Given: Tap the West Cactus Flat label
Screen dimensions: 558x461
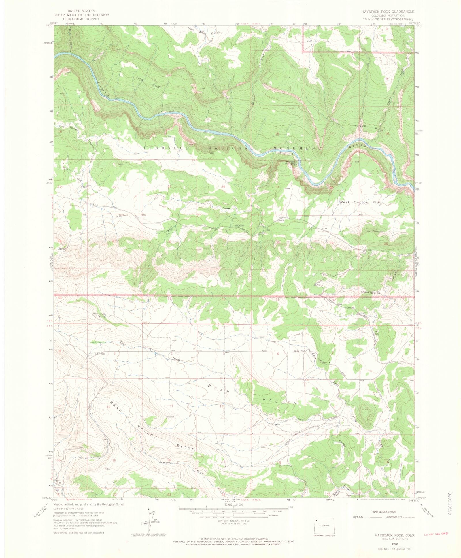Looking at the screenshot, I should tap(360, 202).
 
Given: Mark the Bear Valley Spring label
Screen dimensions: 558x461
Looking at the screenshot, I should tap(99, 315).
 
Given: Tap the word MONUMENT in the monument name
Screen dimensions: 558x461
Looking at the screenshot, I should tap(297, 148).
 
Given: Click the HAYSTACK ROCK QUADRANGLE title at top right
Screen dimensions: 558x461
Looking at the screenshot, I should tap(388, 12).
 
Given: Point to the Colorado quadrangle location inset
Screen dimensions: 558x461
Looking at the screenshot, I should tap(324, 526).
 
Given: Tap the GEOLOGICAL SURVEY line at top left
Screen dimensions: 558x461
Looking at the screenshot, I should tap(81, 19).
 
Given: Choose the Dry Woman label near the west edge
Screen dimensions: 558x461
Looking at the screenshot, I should tap(69, 128).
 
